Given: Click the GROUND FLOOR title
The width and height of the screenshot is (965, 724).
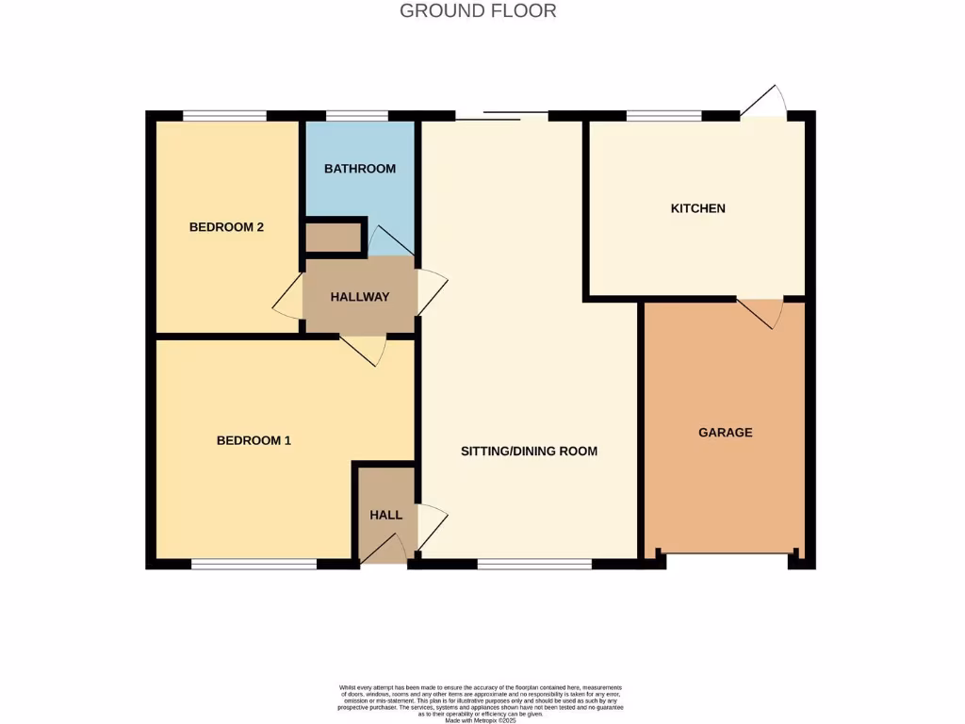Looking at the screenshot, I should (478, 11).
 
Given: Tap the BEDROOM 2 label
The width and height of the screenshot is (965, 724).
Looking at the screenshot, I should (226, 227).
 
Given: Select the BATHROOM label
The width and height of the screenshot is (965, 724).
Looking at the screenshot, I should (359, 169).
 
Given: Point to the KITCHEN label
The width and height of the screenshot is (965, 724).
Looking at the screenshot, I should (697, 208).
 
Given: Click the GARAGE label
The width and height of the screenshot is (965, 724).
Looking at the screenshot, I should (725, 433).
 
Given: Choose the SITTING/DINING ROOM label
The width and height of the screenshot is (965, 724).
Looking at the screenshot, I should (529, 452).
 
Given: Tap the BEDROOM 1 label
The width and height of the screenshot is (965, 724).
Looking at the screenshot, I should (254, 440).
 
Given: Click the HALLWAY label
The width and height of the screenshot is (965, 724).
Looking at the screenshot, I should (359, 297).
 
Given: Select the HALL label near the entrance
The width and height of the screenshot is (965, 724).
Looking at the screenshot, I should (385, 515).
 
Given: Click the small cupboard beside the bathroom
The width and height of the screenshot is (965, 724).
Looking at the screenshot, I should (334, 238).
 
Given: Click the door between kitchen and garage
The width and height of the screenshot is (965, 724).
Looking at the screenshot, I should (761, 311).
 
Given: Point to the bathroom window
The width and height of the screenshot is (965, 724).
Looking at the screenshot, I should (357, 116).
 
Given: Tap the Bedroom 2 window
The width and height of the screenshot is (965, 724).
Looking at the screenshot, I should (224, 116).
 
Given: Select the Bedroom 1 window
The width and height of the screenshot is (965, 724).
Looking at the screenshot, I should (254, 564).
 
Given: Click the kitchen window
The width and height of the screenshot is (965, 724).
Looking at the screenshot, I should (663, 116).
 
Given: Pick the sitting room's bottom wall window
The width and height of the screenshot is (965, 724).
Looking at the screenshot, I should (533, 564).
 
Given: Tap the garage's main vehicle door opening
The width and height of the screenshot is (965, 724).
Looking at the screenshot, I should (726, 553).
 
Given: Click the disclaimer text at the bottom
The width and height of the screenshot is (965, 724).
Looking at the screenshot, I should (481, 701).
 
